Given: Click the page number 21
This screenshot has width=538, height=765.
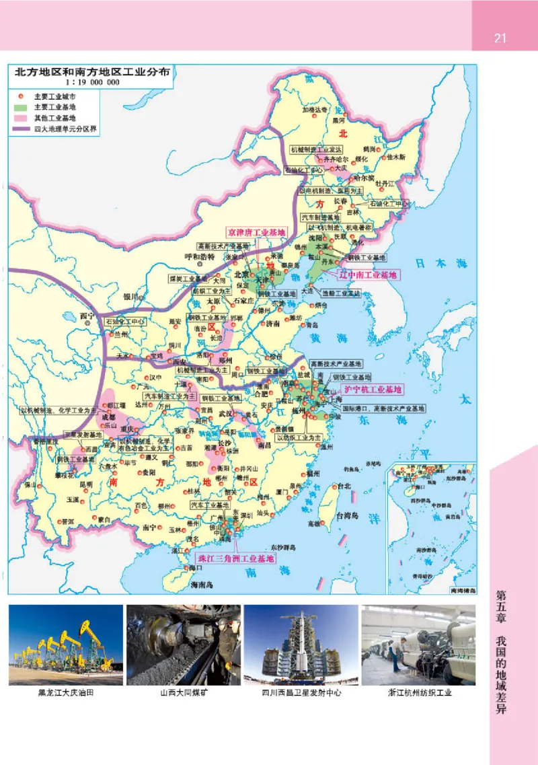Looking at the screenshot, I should (x=500, y=38).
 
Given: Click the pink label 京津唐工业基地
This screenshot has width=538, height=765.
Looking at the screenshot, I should (x=256, y=232).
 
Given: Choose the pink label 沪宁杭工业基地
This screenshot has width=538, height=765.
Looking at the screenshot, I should (x=373, y=390).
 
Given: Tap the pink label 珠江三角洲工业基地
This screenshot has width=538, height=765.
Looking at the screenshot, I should (x=235, y=558).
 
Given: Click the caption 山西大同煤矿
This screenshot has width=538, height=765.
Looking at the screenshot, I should (x=184, y=692).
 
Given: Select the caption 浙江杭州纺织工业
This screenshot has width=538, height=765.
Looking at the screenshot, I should (x=420, y=692).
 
